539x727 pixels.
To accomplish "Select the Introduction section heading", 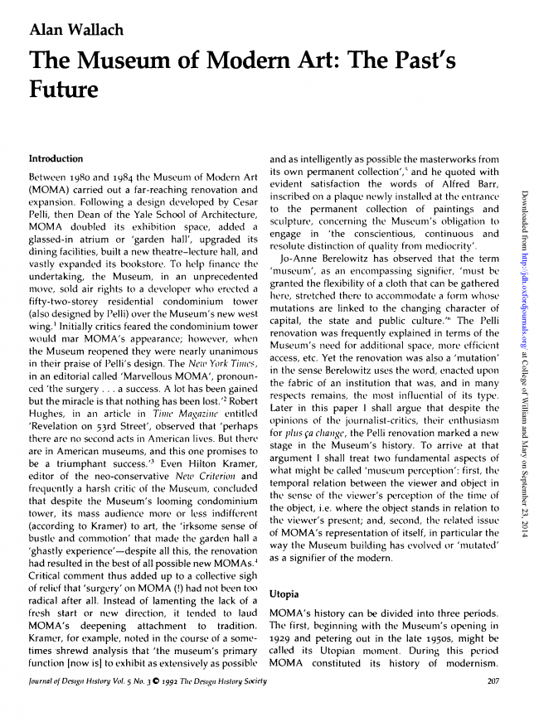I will (56, 158).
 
